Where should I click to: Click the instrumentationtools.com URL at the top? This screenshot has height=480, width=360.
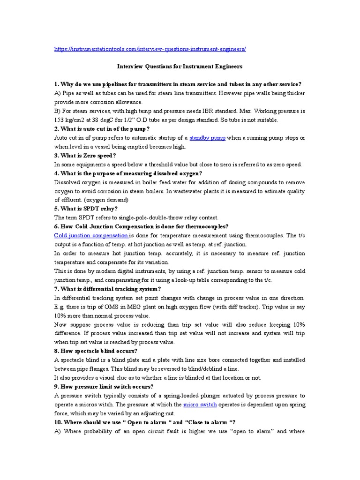coord(150,49)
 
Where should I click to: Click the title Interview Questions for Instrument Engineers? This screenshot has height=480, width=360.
coord(180,67)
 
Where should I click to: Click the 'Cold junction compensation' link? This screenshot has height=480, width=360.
coord(91,235)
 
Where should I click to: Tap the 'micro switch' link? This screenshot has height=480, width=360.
coord(197,404)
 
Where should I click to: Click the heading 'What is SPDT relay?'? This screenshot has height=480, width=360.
coord(89,209)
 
